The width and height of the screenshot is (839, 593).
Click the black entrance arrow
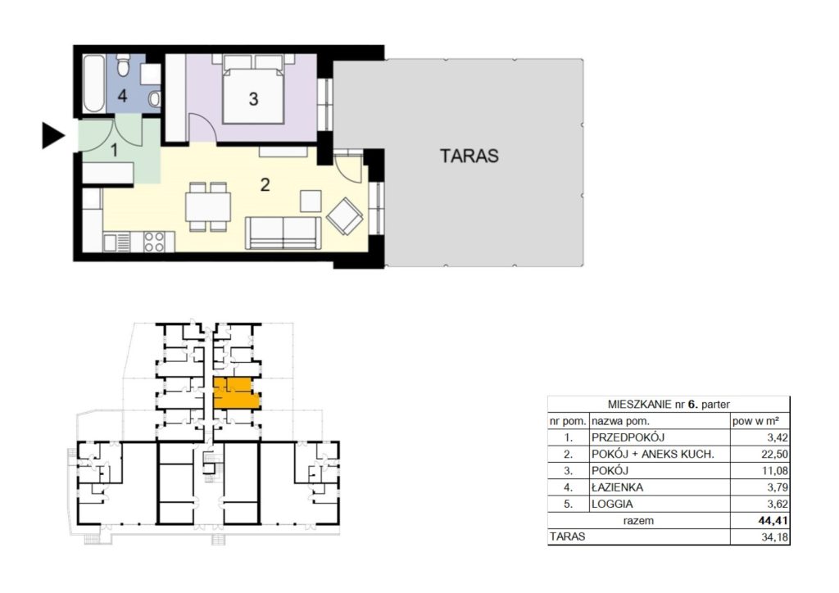pyautogui.click(x=52, y=135)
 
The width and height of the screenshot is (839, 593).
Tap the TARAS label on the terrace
pyautogui.click(x=469, y=156)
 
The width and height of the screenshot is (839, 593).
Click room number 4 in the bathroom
pyautogui.click(x=123, y=96)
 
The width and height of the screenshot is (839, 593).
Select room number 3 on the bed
pyautogui.click(x=254, y=99)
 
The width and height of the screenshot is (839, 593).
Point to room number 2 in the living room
pyautogui.click(x=265, y=185)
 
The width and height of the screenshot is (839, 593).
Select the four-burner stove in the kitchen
pyautogui.click(x=154, y=241)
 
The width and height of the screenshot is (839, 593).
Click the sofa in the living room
pyautogui.click(x=283, y=233)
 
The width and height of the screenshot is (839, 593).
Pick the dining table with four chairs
pyautogui.click(x=208, y=207)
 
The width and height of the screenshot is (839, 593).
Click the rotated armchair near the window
pyautogui.click(x=345, y=216)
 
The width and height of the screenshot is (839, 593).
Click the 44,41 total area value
pyautogui.click(x=773, y=520)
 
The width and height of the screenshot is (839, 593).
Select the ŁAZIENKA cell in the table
pyautogui.click(x=617, y=487)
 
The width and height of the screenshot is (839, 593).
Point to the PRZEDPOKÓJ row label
pyautogui.click(x=628, y=437)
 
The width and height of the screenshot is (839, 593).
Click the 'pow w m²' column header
pyautogui.click(x=755, y=421)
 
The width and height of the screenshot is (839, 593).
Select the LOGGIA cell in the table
pyautogui.click(x=611, y=504)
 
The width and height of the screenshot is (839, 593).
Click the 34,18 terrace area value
pyautogui.click(x=774, y=536)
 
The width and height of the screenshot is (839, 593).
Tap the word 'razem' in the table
pyautogui.click(x=638, y=520)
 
